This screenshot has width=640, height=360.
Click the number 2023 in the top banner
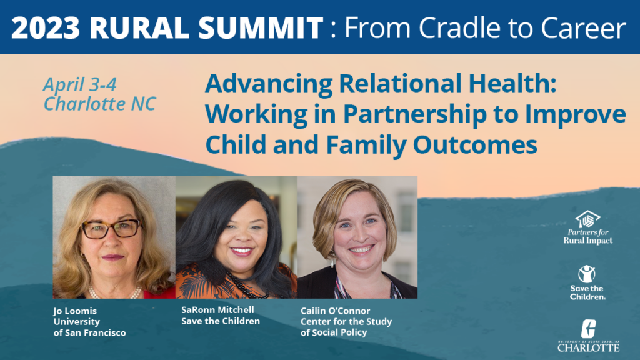[x=45, y=27]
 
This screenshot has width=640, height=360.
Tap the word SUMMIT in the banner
[x=261, y=27]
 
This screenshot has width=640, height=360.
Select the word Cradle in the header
[x=459, y=27]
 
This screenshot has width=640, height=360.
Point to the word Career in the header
[x=584, y=27]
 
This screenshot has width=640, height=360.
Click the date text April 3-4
[x=80, y=84]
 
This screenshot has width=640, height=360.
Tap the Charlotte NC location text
[x=99, y=104]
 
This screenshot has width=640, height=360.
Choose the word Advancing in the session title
[x=269, y=84]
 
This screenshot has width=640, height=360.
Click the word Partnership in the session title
[x=415, y=114]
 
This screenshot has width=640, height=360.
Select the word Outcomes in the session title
[x=475, y=144]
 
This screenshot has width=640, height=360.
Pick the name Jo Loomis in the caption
[x=75, y=311]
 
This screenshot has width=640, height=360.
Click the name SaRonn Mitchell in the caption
[x=217, y=310]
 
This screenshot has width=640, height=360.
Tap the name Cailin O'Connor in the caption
[x=335, y=311]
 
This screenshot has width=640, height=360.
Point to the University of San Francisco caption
[x=89, y=327]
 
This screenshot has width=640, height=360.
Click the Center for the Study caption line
[x=346, y=322]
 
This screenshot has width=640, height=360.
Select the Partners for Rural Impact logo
[x=587, y=227]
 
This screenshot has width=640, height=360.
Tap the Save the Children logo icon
[x=587, y=274]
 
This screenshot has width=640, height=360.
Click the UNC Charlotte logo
[x=589, y=336]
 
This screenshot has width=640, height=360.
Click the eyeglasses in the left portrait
[x=112, y=229]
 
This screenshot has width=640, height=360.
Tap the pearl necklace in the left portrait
[x=115, y=293]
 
